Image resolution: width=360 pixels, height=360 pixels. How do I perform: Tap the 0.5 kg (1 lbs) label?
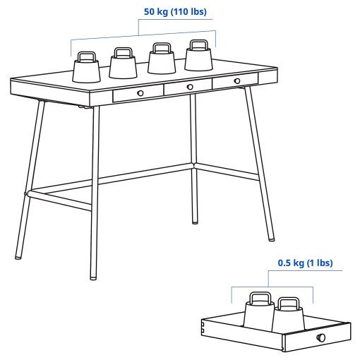click(x=304, y=263)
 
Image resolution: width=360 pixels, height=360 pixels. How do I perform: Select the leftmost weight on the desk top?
click(x=88, y=69)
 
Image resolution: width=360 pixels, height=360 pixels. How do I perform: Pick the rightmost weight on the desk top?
click(x=199, y=56)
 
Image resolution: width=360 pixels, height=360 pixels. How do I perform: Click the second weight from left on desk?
click(x=123, y=65)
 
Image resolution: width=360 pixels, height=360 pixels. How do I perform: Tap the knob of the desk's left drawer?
click(x=140, y=93)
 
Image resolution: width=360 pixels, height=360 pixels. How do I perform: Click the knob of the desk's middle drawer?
click(x=190, y=87)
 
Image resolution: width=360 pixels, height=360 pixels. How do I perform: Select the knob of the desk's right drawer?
click(x=237, y=81)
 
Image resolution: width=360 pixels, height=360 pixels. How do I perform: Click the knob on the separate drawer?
click(x=322, y=337)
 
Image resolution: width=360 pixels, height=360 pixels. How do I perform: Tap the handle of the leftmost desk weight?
click(x=88, y=56)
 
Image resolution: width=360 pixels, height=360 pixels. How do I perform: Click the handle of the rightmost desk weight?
click(x=198, y=45)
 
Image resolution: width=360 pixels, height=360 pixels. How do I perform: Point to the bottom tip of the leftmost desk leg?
click(x=18, y=257)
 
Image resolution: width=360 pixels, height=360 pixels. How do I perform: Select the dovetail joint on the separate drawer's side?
click(x=204, y=326)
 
